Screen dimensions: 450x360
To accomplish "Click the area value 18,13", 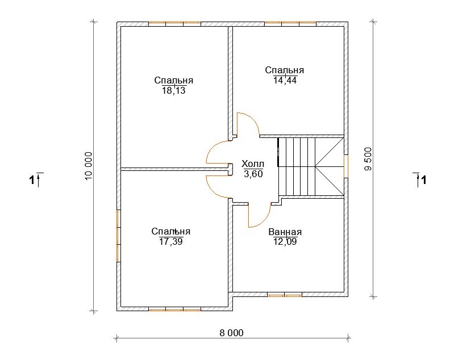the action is (x=174, y=91).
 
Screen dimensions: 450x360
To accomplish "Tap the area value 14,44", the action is (x=285, y=80).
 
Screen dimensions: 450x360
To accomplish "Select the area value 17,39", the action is (x=171, y=241).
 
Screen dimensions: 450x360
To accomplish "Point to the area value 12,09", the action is (x=285, y=241).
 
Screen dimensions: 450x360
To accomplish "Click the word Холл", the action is (x=252, y=164).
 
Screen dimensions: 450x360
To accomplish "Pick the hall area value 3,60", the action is (x=253, y=174).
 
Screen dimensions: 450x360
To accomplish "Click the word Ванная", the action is (x=285, y=232).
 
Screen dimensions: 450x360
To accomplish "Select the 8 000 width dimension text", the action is (x=231, y=333).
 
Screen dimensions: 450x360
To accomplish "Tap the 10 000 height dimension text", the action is (x=89, y=166).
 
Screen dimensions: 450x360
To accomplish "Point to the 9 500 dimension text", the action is (x=368, y=159).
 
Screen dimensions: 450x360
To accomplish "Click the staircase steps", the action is (x=311, y=167).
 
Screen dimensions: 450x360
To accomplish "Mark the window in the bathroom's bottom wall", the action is (x=285, y=295).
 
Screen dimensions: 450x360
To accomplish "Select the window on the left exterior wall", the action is (x=118, y=236).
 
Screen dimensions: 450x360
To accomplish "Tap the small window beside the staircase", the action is (x=346, y=166).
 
